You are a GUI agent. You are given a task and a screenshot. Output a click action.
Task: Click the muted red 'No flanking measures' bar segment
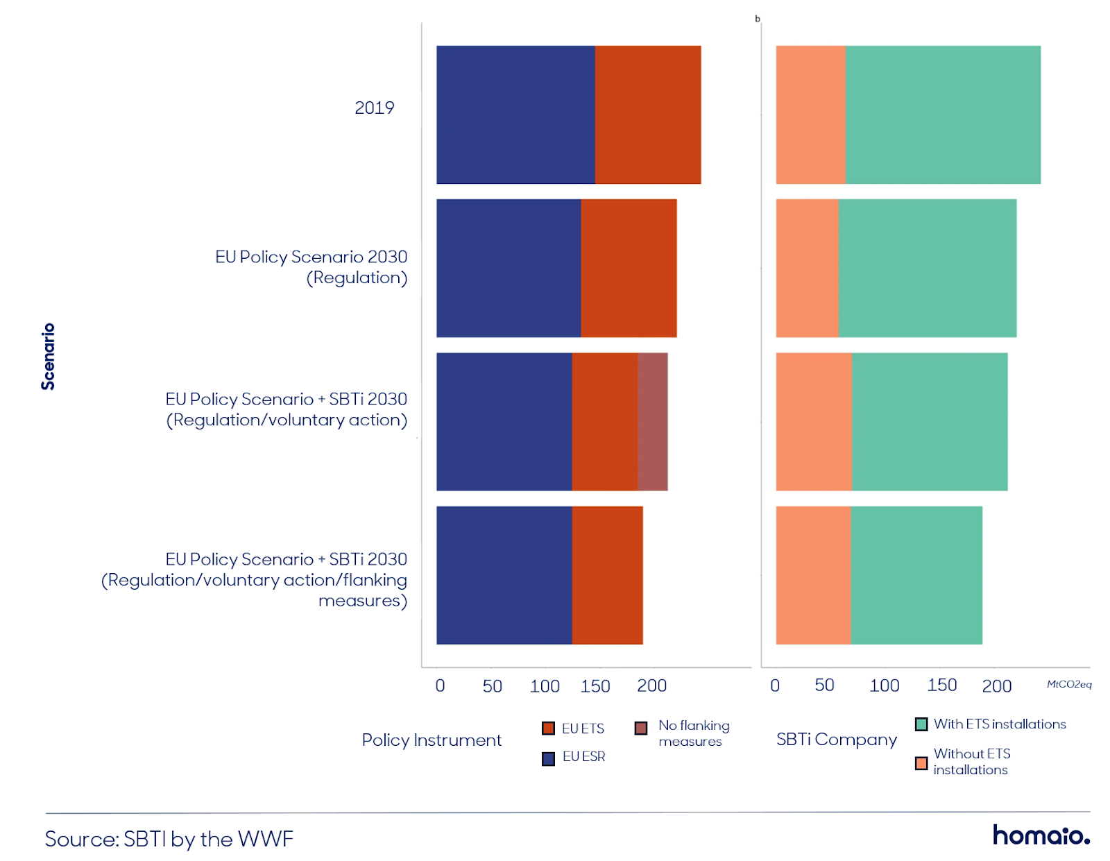(x=652, y=421)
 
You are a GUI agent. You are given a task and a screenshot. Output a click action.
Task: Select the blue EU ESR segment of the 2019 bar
(x=515, y=114)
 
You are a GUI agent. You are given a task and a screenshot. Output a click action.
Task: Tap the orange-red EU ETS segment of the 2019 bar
(x=648, y=114)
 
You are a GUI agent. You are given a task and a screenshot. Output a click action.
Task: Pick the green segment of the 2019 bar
(x=943, y=114)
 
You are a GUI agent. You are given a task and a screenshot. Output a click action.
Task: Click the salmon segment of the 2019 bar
(x=811, y=114)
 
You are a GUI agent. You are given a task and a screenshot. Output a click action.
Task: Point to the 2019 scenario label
(x=375, y=108)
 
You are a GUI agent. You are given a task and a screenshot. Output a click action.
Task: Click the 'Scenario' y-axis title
(x=48, y=356)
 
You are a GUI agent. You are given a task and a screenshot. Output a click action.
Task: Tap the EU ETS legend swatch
(x=548, y=728)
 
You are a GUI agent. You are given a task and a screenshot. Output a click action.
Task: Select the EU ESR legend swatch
(x=548, y=758)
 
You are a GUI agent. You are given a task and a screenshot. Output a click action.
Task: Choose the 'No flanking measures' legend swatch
(x=641, y=728)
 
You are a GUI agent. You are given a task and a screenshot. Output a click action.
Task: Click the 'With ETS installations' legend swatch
(x=921, y=724)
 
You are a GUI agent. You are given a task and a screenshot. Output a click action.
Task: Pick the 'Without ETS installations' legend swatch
(x=921, y=763)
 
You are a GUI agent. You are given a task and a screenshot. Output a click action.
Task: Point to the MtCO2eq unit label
(x=1068, y=684)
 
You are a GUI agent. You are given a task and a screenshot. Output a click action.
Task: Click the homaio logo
(x=1041, y=835)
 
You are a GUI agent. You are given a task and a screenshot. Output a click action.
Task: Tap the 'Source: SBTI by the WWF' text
(x=169, y=839)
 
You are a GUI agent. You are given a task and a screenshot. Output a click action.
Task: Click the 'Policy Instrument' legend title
(x=432, y=740)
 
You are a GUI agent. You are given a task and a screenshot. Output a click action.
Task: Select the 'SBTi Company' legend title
(x=836, y=740)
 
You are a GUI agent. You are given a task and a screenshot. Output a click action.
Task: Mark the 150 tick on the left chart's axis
(x=595, y=686)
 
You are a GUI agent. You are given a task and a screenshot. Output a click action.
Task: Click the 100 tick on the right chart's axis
(x=885, y=685)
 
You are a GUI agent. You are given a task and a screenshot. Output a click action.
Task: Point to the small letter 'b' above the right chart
(x=758, y=19)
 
